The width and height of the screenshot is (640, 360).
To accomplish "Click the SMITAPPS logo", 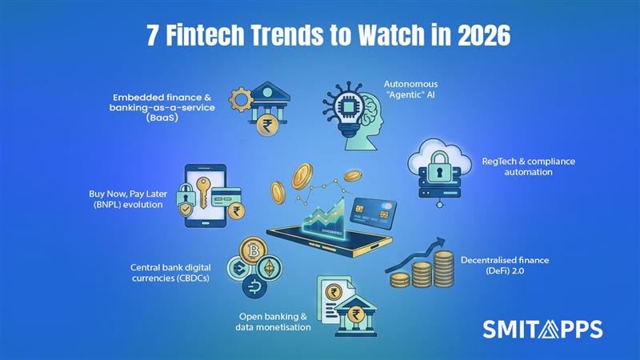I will tap(543, 329).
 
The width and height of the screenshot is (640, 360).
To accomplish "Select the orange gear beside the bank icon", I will tap(241, 101).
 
